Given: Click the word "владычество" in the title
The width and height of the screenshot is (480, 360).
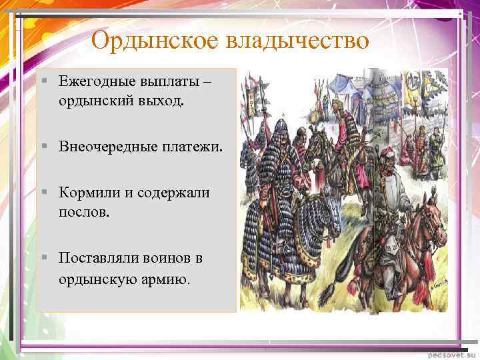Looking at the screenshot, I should point(297,41).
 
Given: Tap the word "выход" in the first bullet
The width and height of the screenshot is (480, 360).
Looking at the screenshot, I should point(164,102).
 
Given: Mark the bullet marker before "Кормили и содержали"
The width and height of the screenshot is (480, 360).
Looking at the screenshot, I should point(43,193).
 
